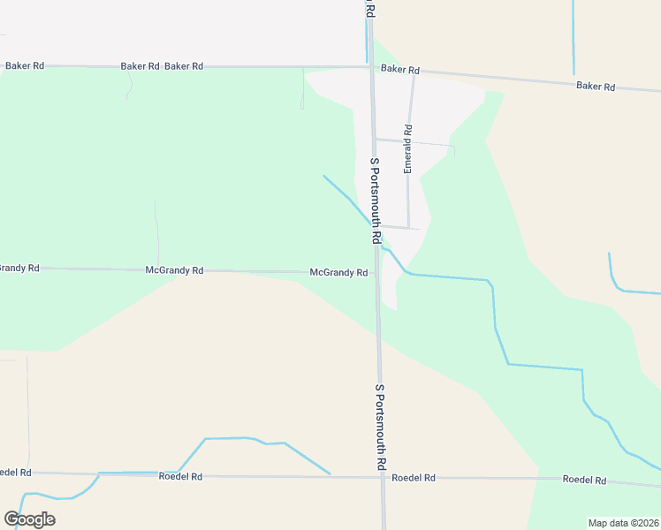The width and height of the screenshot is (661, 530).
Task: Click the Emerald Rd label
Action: coord(407,148)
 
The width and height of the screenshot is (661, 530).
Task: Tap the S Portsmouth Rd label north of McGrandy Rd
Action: coord(375,197)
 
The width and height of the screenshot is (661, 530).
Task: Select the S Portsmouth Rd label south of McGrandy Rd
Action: coord(381,427)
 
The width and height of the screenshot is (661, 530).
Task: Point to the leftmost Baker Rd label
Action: coord(25,66)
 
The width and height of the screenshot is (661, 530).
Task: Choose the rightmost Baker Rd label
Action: coord(595,87)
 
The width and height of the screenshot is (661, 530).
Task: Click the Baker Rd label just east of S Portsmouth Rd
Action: coord(399,69)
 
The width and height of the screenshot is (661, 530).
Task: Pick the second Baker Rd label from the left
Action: coord(141,66)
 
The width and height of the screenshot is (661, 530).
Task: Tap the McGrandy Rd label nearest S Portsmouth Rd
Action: coord(338,273)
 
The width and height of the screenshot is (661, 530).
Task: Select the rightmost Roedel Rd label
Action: coord(584,481)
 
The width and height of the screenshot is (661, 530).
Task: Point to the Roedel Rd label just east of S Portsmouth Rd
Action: coord(414,478)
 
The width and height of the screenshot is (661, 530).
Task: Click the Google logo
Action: coord(29,519)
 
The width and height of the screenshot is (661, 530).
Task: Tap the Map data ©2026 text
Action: coord(623,523)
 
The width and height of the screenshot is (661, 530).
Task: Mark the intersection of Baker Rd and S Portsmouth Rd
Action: coord(371,67)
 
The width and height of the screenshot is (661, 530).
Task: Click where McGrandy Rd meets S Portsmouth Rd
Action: coord(376,273)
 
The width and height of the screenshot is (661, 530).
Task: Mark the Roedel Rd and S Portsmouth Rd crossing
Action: coord(383,478)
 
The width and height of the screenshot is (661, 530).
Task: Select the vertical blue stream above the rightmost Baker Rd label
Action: coord(574,35)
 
